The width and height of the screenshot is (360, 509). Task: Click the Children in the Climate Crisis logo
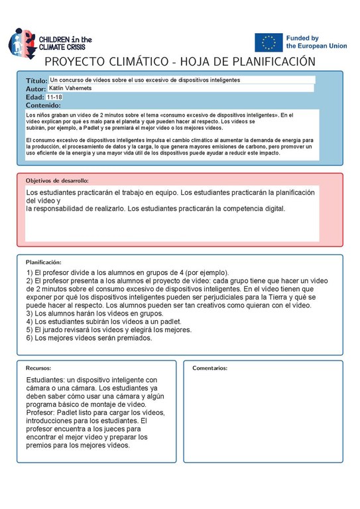pyautogui.click(x=50, y=42)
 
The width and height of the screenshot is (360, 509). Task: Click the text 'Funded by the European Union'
pyautogui.click(x=316, y=42)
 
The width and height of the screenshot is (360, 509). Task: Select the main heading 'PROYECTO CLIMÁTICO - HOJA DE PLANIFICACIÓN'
pyautogui.click(x=179, y=62)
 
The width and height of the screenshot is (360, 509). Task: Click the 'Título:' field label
pyautogui.click(x=36, y=80)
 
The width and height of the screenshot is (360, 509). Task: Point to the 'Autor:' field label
pyautogui.click(x=36, y=89)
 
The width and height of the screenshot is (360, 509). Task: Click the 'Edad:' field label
pyautogui.click(x=34, y=97)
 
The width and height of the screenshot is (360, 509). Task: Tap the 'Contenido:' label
pyautogui.click(x=43, y=105)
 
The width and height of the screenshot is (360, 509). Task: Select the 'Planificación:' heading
pyautogui.click(x=48, y=262)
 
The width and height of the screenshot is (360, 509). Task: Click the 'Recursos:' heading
pyautogui.click(x=38, y=368)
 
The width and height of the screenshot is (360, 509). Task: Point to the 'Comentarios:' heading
pyautogui.click(x=210, y=368)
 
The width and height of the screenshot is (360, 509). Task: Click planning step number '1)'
pyautogui.click(x=30, y=273)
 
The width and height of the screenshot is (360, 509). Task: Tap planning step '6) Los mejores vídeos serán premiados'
pyautogui.click(x=89, y=338)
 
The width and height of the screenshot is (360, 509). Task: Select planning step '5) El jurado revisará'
pyautogui.click(x=99, y=329)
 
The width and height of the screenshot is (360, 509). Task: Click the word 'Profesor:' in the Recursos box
pyautogui.click(x=43, y=413)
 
